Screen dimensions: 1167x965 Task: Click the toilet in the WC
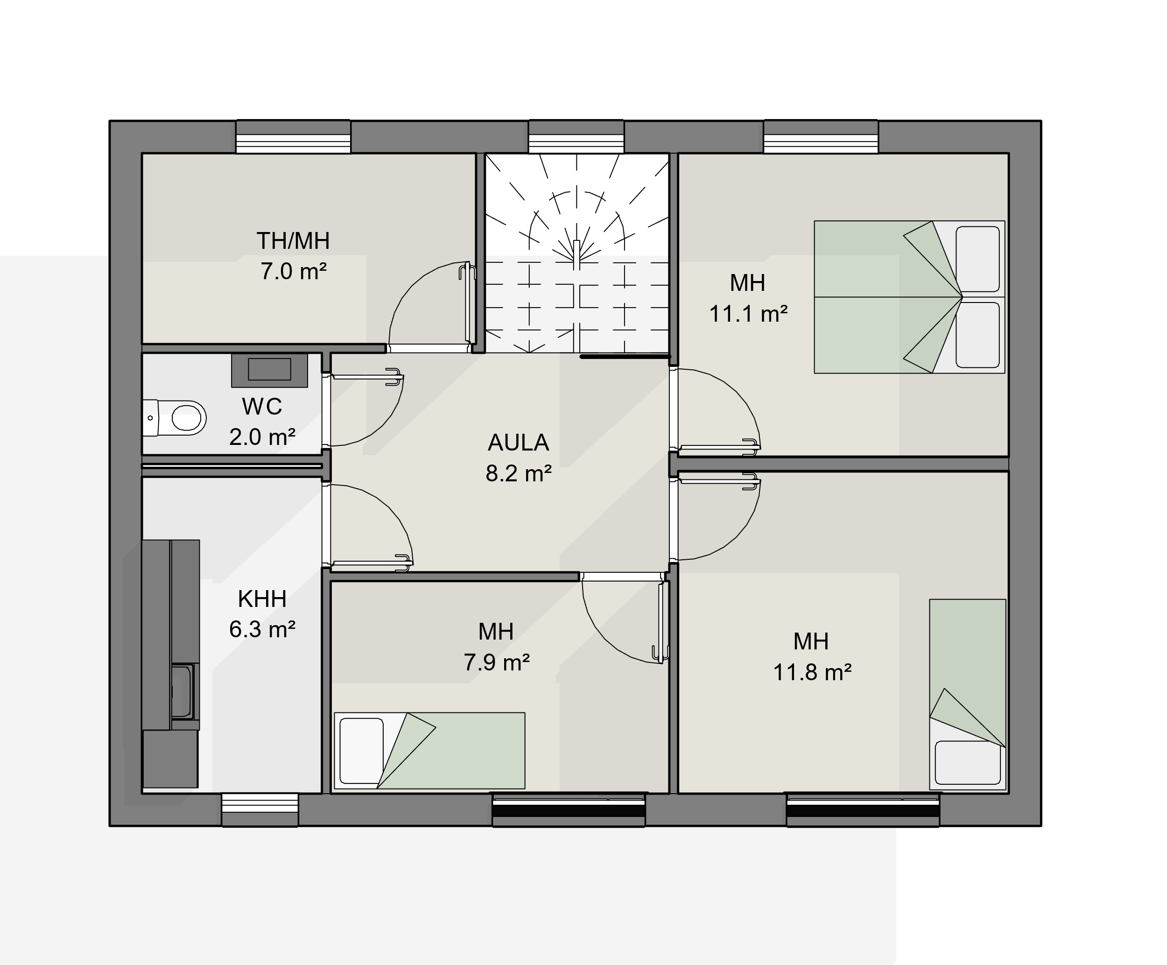(x=175, y=417)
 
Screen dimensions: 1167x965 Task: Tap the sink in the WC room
(x=269, y=370)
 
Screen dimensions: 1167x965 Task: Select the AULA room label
(x=519, y=443)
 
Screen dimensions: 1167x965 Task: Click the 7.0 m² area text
(x=294, y=271)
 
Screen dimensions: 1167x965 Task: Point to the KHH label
(x=262, y=599)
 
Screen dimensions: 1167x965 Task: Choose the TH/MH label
(x=294, y=241)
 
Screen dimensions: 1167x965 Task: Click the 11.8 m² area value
(x=812, y=672)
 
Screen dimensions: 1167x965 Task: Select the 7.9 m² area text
(x=497, y=662)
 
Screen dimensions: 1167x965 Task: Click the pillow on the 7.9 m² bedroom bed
(x=361, y=750)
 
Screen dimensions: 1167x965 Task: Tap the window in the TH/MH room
(x=294, y=136)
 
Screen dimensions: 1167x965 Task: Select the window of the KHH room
(x=260, y=810)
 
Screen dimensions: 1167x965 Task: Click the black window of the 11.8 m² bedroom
(x=863, y=810)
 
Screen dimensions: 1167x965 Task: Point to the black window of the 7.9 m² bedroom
(x=569, y=810)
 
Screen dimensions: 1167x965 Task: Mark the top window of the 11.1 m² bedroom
(x=821, y=136)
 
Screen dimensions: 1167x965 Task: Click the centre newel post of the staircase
(x=576, y=254)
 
